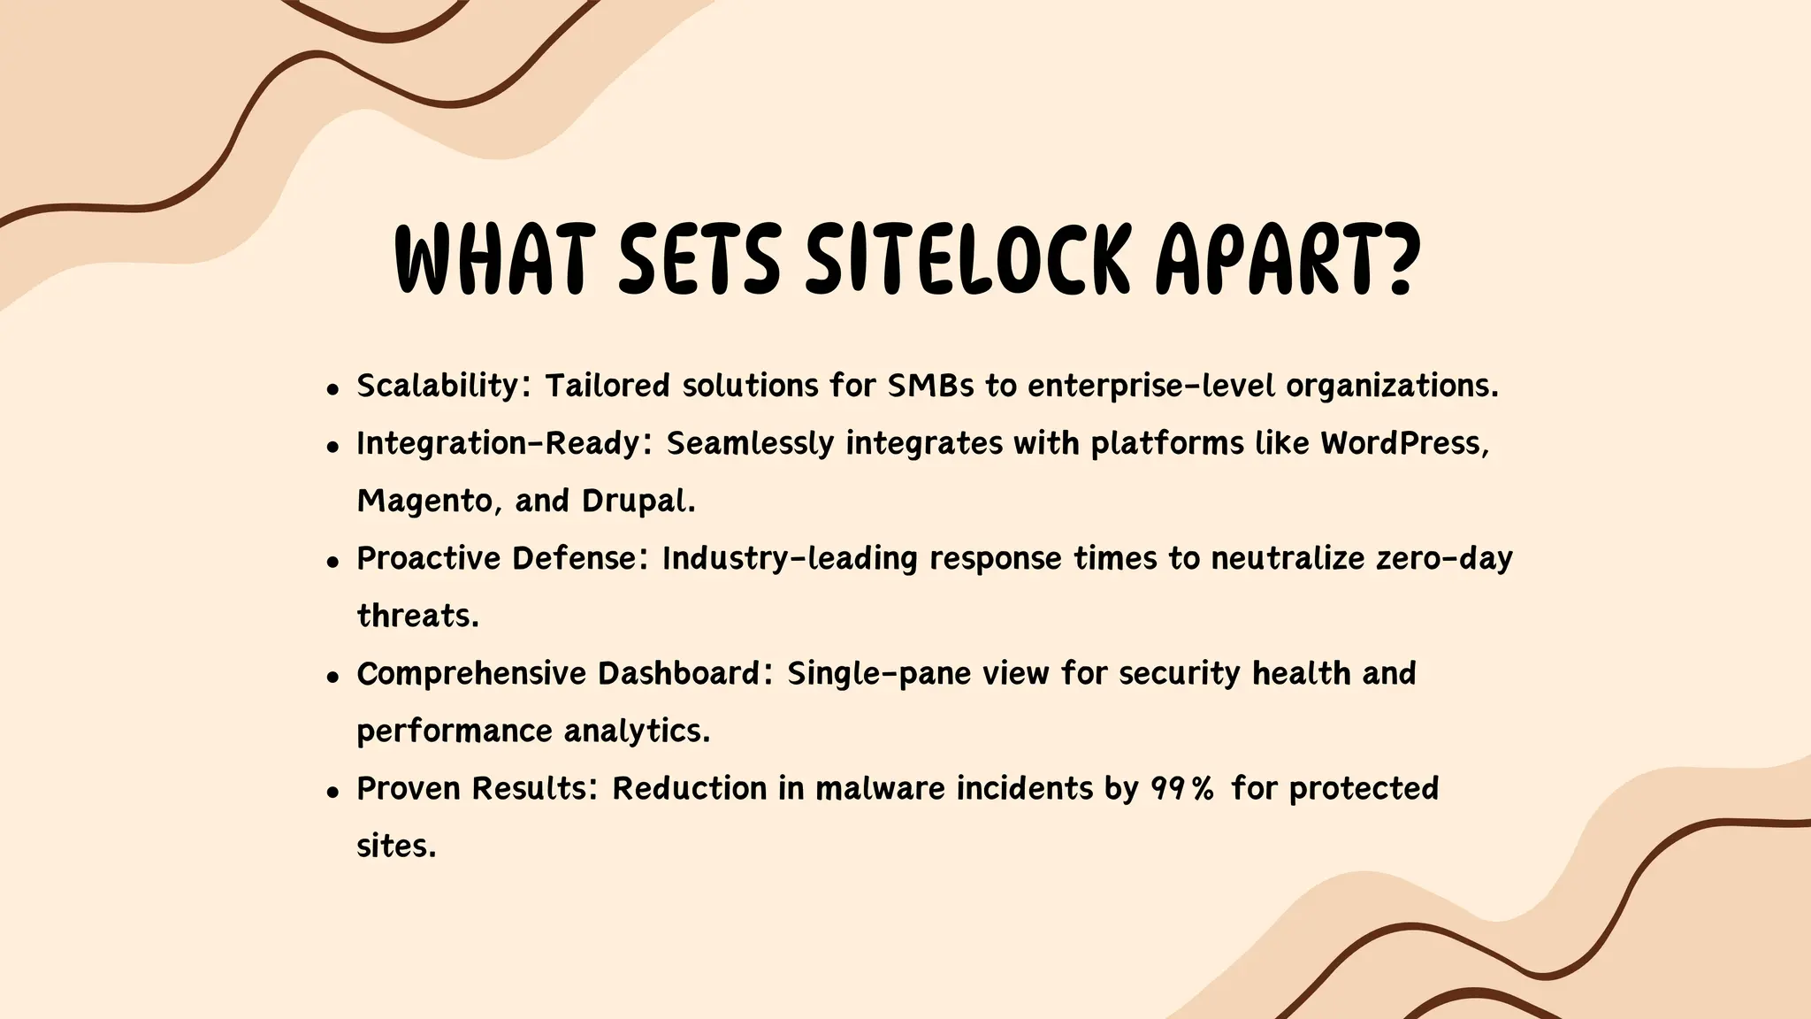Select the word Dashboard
coord(678,674)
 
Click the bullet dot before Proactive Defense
coord(332,562)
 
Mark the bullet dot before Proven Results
coord(332,792)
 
